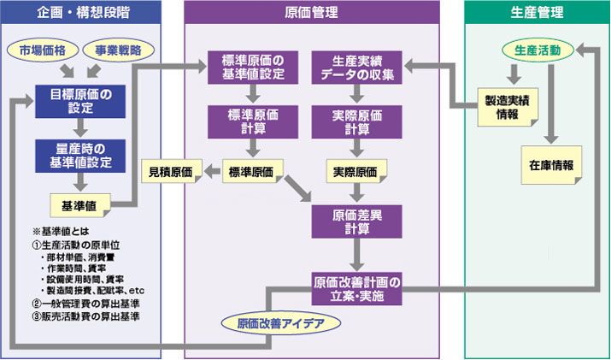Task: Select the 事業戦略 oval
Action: [x=118, y=50]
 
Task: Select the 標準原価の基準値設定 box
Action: [x=252, y=67]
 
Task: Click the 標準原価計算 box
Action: [x=252, y=121]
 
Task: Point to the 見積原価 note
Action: [x=171, y=172]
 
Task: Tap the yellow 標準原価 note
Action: [x=251, y=172]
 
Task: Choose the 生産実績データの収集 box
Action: [x=357, y=67]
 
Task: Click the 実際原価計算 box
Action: [x=357, y=121]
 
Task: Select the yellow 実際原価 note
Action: [x=356, y=172]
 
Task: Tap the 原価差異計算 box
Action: [x=357, y=221]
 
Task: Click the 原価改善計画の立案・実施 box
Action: [x=357, y=287]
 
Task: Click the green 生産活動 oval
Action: [x=532, y=50]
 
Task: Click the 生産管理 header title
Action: [x=536, y=14]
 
